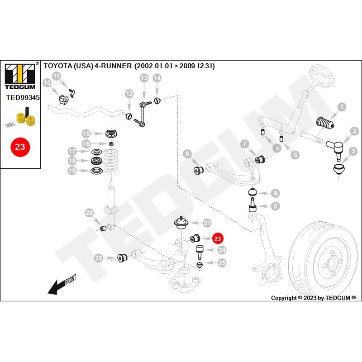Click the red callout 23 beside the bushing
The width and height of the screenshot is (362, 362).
(218, 238)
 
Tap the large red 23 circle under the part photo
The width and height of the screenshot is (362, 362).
(20, 147)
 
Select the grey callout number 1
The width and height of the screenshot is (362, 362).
(342, 107)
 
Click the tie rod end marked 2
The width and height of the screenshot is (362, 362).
(335, 148)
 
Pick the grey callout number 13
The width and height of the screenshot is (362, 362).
(144, 78)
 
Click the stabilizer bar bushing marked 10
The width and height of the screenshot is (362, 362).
(63, 99)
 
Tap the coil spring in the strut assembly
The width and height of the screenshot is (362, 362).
(111, 161)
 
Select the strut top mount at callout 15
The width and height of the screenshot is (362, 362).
(111, 134)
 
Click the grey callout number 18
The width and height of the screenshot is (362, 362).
(72, 161)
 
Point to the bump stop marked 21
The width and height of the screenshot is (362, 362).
(181, 223)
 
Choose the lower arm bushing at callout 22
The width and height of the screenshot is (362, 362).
(122, 257)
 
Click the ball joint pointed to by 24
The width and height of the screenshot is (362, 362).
(200, 252)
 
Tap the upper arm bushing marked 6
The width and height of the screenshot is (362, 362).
(198, 170)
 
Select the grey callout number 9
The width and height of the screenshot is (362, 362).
(275, 206)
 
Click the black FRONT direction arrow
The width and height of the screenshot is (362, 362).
(61, 284)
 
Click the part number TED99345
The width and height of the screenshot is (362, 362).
(23, 97)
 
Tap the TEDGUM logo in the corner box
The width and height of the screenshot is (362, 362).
(20, 76)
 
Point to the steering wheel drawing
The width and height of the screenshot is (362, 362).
(321, 76)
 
